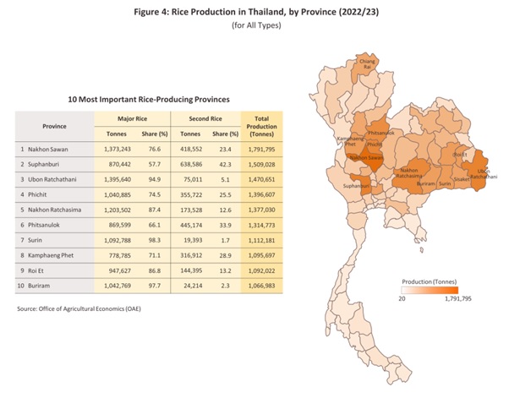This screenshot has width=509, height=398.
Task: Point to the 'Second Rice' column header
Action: point(205,117)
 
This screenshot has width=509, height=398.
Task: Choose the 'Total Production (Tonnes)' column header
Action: point(260,125)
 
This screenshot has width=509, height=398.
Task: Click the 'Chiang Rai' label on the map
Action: point(367,64)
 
